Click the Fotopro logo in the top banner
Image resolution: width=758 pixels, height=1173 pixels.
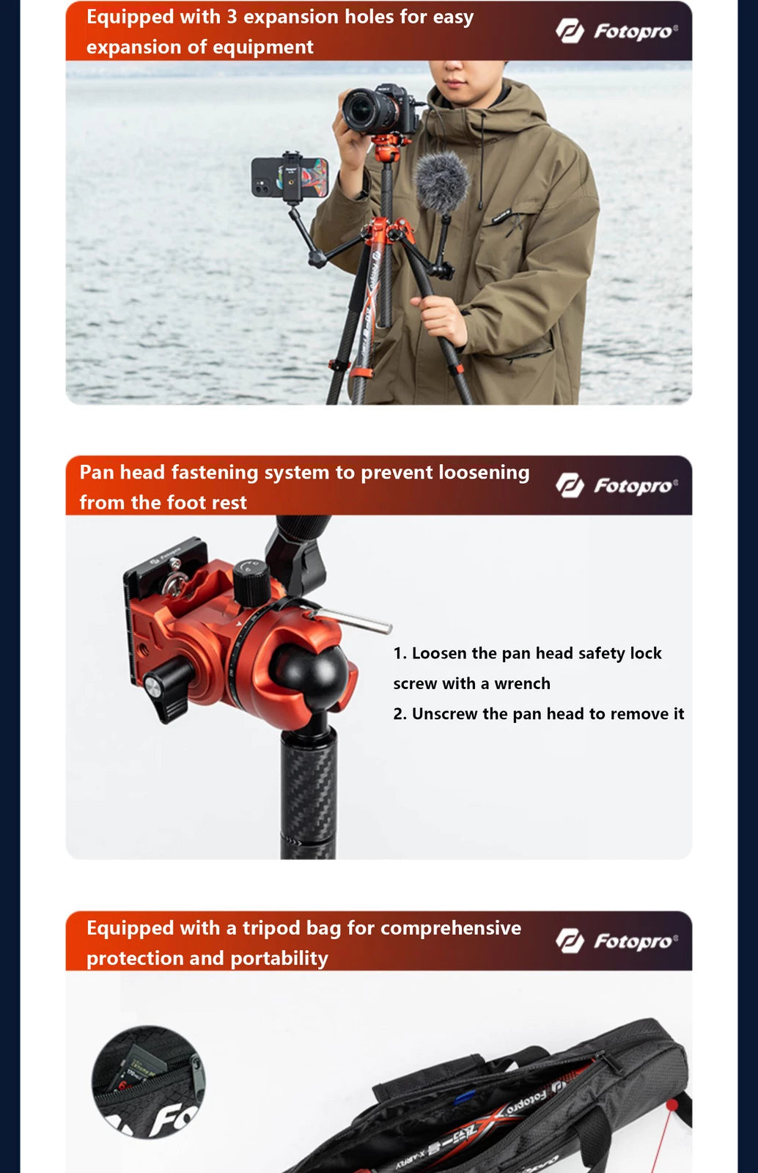point(616,31)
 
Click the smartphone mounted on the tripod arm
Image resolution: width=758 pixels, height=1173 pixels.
point(290,177)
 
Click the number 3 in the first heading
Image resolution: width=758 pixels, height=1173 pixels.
point(232,17)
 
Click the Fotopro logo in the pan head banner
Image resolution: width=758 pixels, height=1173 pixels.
point(616,485)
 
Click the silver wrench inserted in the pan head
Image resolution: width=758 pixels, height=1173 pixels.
point(352,619)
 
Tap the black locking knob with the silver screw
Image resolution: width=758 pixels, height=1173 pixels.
point(169,685)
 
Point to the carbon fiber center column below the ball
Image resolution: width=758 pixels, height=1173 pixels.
point(309,792)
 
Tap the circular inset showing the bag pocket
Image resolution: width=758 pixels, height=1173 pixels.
point(149,1082)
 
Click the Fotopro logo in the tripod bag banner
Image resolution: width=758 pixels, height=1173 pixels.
point(616,941)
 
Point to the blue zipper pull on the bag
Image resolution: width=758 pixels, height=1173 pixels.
point(465,1097)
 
